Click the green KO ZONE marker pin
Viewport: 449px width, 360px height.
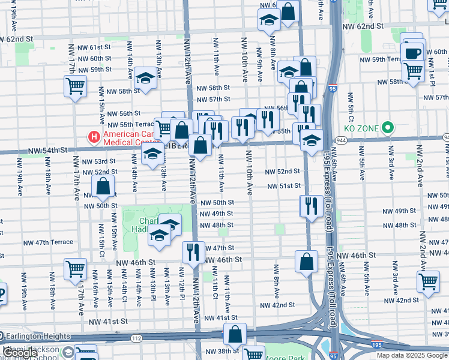coord(388,127)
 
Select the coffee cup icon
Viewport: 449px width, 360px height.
coord(412,53)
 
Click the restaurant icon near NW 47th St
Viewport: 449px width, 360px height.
coord(192,251)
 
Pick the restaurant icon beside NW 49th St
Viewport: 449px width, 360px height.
coord(310,206)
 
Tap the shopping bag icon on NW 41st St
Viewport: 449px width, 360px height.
coord(236,333)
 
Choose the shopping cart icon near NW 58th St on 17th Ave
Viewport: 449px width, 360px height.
coord(74,86)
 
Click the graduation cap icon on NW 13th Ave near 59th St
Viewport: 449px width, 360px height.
coord(145,78)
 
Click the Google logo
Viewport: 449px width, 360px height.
coord(19,353)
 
